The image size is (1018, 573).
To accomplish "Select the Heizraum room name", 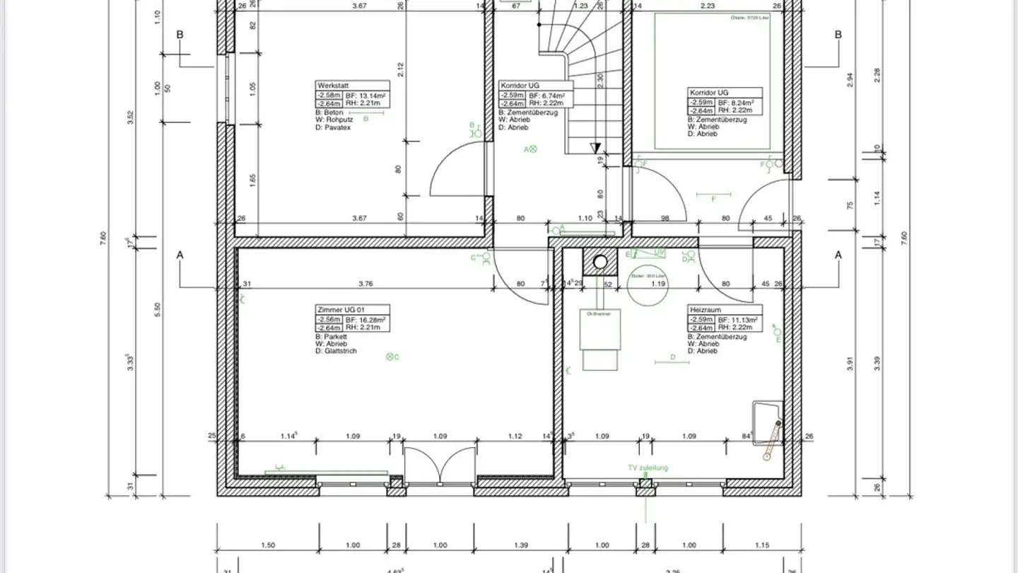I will [x=704, y=310].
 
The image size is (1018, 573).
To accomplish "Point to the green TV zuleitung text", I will [x=648, y=468].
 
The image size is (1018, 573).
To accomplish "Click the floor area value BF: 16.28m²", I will [x=365, y=320].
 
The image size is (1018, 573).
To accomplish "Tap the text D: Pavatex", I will [x=333, y=127].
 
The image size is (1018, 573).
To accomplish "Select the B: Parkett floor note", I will [x=331, y=337].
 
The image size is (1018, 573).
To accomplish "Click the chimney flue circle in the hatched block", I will [x=600, y=262].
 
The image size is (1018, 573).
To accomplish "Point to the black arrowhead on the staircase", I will [x=595, y=148].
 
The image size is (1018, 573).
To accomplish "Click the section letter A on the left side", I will [x=180, y=255].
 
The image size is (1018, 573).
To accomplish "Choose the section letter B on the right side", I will [x=838, y=35].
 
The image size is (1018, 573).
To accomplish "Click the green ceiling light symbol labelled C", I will [x=390, y=357].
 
